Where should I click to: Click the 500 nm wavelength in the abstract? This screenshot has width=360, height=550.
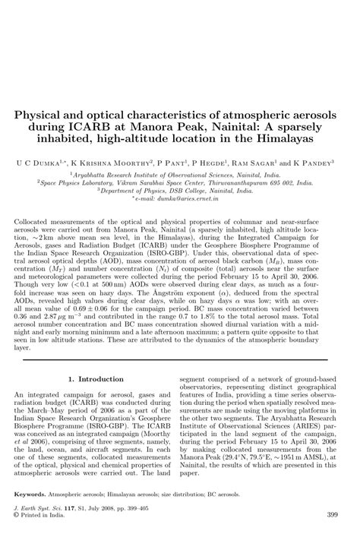coord(122,286)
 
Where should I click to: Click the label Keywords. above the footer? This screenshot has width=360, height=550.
coord(30,514)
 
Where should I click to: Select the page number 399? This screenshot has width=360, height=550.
coord(331,536)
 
